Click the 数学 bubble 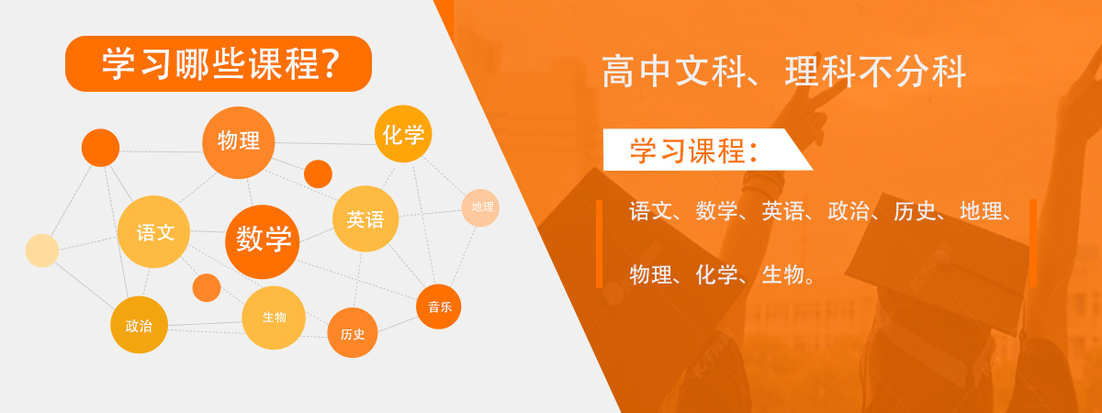click(263, 242)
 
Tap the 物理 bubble click(239, 142)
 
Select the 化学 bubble click(403, 134)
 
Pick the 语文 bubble click(153, 231)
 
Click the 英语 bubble click(365, 218)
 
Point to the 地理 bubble click(480, 207)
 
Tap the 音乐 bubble click(438, 307)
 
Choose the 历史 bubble click(353, 333)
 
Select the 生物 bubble click(274, 318)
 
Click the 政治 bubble click(140, 325)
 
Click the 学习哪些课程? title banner click(219, 63)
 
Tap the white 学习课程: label click(707, 150)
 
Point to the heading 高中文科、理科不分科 click(783, 73)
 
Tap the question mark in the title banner click(329, 63)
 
